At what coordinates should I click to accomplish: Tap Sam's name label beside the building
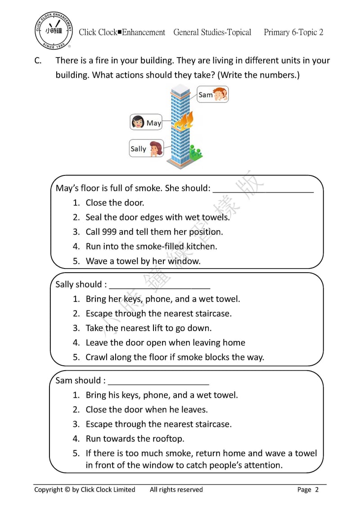click(x=205, y=95)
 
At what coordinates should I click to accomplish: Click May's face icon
click(x=138, y=122)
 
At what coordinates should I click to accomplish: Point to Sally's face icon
click(x=155, y=148)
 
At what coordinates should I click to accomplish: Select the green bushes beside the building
click(x=195, y=152)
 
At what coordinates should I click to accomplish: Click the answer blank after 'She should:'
click(x=263, y=188)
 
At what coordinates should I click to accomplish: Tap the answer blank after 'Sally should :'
click(x=160, y=285)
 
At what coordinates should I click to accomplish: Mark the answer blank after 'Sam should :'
click(x=158, y=381)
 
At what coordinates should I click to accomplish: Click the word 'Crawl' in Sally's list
click(x=97, y=357)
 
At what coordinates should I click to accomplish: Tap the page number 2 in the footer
click(x=317, y=490)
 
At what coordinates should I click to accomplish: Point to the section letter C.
click(x=38, y=61)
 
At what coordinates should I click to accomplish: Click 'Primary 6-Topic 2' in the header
click(x=293, y=32)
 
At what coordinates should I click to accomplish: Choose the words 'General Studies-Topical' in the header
click(x=212, y=32)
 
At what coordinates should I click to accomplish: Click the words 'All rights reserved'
click(x=176, y=489)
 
